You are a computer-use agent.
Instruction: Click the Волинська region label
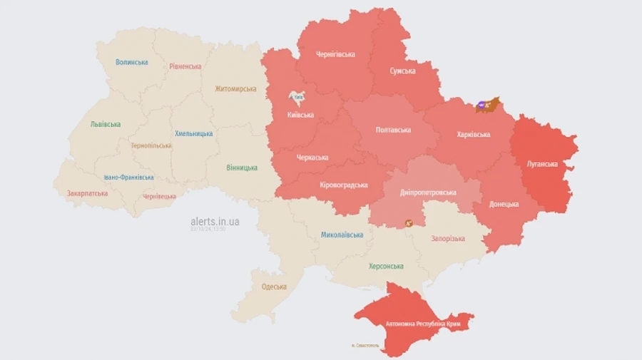click(132, 62)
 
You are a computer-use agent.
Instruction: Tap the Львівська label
click(105, 124)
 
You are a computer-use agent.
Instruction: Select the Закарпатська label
click(87, 193)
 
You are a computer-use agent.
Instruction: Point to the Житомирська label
click(235, 89)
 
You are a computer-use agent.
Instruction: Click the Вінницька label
click(242, 168)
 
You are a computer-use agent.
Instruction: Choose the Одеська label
click(274, 287)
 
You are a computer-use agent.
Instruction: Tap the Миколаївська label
click(342, 235)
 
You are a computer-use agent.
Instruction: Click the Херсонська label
click(385, 266)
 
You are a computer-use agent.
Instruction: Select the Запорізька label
click(448, 239)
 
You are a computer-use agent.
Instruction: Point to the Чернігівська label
click(335, 54)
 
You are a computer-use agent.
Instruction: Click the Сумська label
click(402, 71)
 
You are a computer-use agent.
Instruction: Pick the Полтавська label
click(393, 130)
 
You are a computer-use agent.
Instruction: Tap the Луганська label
click(542, 164)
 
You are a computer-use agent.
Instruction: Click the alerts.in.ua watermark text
click(215, 222)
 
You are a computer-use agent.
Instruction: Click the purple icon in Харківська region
click(481, 106)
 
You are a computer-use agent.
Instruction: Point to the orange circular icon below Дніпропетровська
click(409, 223)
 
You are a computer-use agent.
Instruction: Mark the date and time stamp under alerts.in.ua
click(208, 230)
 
